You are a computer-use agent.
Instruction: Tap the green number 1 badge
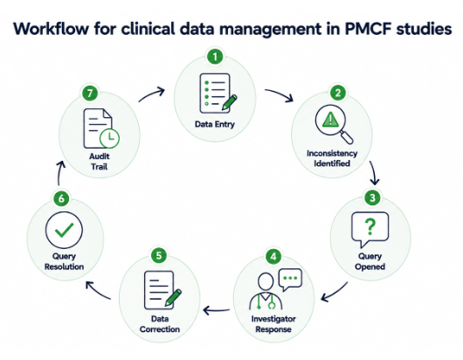point(215,57)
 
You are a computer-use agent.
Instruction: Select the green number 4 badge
point(273,256)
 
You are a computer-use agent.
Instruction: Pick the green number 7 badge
point(90,93)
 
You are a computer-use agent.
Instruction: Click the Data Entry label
point(215,124)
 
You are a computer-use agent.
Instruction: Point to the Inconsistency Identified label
point(332,158)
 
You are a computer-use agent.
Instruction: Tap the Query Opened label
point(370,261)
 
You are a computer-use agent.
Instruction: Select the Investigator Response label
point(273,324)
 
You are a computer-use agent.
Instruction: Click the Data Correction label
point(160,324)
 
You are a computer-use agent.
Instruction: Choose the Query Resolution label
point(64,261)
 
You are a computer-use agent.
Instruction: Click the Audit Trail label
point(100,162)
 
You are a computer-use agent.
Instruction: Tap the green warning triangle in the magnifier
point(330,120)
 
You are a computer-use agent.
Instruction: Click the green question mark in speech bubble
point(370,226)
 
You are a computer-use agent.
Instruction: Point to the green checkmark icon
point(65,230)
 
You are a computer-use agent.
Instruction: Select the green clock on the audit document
point(109,138)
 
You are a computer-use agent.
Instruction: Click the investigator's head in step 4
point(266,281)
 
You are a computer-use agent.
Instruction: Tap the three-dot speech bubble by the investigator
point(291,279)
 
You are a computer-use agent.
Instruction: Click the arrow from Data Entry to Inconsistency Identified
point(280,93)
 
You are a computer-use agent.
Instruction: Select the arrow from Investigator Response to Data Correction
point(217,310)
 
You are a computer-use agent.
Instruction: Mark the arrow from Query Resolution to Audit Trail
point(59,173)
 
